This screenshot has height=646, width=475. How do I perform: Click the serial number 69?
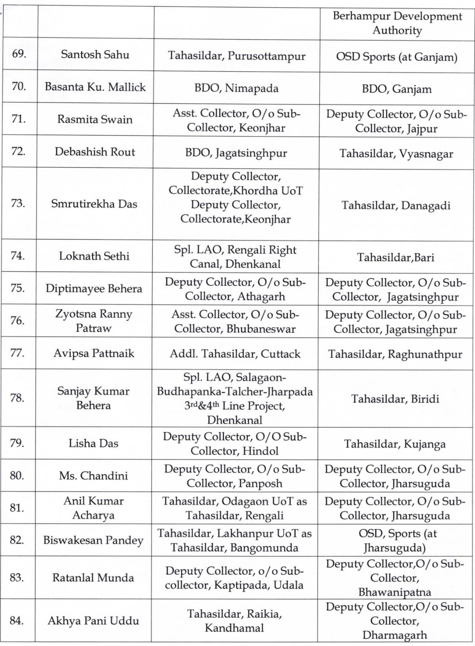coord(19,54)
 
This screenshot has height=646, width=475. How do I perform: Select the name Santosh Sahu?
coord(95,55)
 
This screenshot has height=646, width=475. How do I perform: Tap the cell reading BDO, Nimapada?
coord(236,88)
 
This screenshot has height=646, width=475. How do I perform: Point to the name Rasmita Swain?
coord(95,120)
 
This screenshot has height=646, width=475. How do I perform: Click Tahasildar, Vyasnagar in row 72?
coord(396,154)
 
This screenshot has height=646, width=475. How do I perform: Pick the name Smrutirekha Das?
coord(94,204)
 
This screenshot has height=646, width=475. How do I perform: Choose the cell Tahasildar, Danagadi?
coord(396,206)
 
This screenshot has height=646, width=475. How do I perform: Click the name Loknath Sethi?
coord(94,256)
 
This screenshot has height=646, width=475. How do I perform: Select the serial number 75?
coord(17,288)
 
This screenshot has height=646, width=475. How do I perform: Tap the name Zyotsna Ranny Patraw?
coord(93,321)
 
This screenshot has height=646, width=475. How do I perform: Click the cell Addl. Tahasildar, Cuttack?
coord(235,354)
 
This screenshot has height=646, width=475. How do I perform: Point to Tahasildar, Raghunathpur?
coord(395,354)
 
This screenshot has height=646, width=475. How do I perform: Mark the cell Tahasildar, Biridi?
coord(395,399)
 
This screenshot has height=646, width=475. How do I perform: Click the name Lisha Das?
coord(93,443)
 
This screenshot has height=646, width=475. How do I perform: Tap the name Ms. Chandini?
coord(93,476)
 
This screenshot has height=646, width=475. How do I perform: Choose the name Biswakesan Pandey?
coord(93,540)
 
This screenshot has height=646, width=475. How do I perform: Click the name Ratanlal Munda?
coord(93,578)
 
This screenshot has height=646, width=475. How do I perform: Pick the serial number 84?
coord(17,620)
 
